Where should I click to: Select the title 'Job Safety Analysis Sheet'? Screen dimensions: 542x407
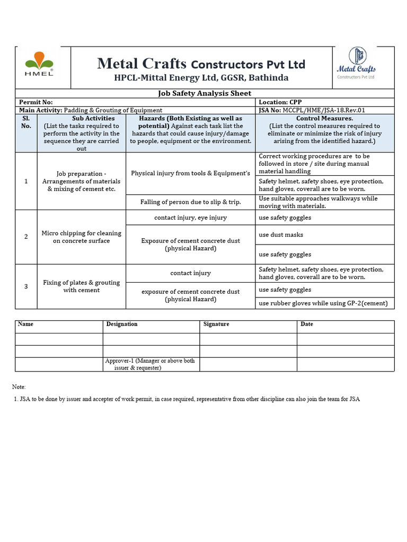coord(205,93)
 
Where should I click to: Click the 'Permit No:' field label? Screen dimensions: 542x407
coord(36,102)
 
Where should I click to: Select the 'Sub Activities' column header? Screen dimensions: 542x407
coord(82,119)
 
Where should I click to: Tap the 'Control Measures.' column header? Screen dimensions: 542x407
coord(324,119)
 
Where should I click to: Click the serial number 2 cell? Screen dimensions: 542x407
coord(26,237)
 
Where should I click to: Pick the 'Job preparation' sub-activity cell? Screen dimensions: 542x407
coord(82,181)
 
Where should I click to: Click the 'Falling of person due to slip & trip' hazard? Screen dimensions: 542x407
coord(190,202)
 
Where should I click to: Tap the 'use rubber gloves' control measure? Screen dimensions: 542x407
coord(323,303)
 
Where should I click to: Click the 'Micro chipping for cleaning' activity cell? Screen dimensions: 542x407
coord(82,237)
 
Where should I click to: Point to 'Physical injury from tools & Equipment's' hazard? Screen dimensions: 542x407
coord(190,173)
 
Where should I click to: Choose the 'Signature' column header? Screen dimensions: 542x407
coord(216,324)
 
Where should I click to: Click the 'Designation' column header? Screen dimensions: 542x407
coord(122,324)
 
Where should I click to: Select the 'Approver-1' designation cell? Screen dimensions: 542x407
coord(151,364)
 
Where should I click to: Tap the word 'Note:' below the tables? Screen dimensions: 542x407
coord(19,387)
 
